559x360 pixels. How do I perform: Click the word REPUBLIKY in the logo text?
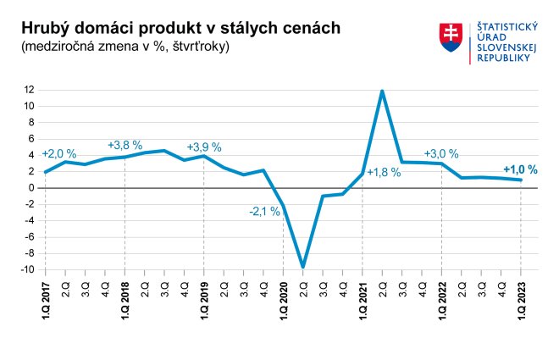pos(504,58)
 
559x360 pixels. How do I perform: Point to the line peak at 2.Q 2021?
pos(383,91)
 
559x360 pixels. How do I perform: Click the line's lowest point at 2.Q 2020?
pos(303,267)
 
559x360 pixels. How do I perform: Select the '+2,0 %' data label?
pos(59,154)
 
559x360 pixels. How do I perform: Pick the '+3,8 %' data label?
pos(125,144)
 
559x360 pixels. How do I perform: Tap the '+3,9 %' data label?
pos(204,147)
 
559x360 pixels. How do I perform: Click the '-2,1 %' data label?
pos(264,212)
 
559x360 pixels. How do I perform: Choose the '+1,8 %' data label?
pos(384,173)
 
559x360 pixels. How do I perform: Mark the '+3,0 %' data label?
pos(441,154)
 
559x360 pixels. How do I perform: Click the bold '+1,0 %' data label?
pos(520,169)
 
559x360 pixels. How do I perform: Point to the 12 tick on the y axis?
pos(29,90)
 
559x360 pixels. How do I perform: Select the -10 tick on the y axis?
pos(27,269)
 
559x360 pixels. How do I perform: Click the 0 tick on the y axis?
pos(30,188)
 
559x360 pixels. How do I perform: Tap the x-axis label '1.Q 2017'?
pos(46,298)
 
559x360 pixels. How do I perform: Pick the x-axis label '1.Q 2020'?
pos(284,298)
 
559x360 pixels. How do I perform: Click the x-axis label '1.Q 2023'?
pos(521,298)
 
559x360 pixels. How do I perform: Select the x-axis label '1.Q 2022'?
pos(442,298)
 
